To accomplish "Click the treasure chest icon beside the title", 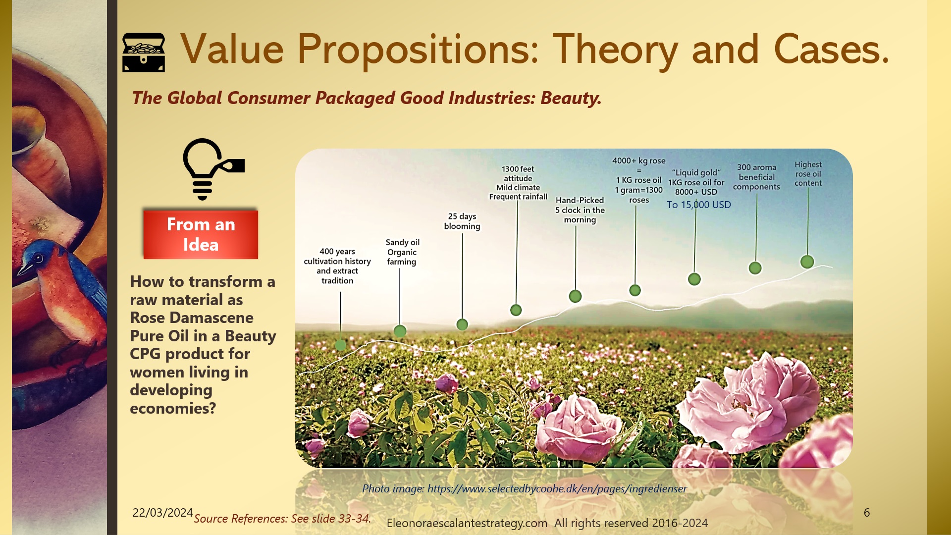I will tap(144, 53).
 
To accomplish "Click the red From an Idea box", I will tap(201, 234).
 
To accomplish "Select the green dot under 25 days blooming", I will tap(462, 324).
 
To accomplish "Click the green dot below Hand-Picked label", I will tap(575, 296).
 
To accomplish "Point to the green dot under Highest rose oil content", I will tap(807, 262).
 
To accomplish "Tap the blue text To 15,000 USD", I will tap(698, 205).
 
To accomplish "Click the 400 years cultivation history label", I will tap(337, 266).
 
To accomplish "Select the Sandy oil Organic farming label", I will tap(402, 252).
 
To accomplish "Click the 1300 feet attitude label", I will tap(518, 183).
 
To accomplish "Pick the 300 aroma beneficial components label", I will tap(756, 177).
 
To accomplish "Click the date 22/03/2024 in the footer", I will tap(162, 513).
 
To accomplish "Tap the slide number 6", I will tap(867, 513).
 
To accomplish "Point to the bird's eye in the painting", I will tap(38, 258).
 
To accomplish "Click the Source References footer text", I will tap(282, 519).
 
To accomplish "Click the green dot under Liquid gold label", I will tap(694, 279).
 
